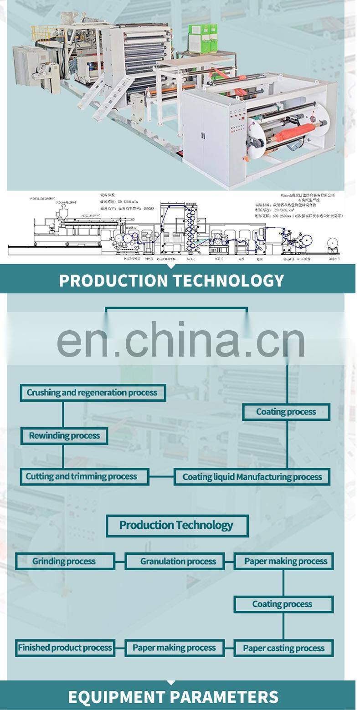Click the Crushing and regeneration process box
(93, 393)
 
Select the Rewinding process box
(64, 436)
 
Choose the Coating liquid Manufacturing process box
(252, 477)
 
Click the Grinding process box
(65, 561)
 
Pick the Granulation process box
(175, 562)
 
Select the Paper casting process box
(283, 648)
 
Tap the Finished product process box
(65, 648)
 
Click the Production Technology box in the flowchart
(177, 526)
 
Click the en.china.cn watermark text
(180, 340)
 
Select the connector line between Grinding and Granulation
(120, 562)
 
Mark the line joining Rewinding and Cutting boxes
(63, 456)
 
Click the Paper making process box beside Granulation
(283, 562)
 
